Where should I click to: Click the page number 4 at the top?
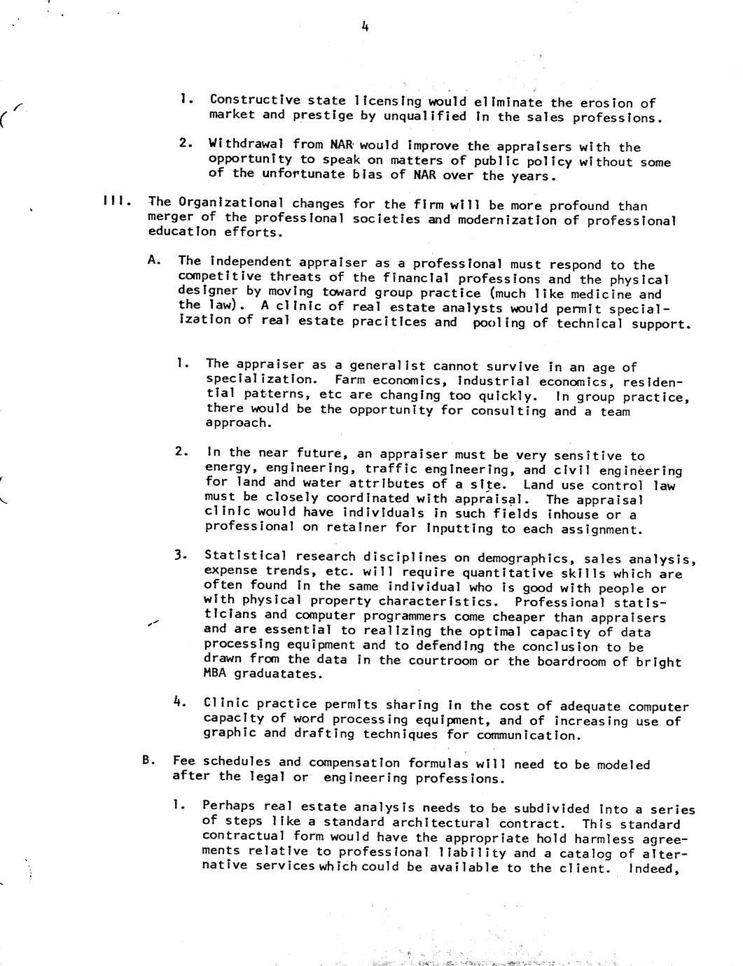pos(365,27)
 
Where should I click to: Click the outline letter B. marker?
pos(148,761)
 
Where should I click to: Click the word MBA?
pos(214,673)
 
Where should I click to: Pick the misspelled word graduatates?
pos(279,674)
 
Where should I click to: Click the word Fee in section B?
pos(183,762)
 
